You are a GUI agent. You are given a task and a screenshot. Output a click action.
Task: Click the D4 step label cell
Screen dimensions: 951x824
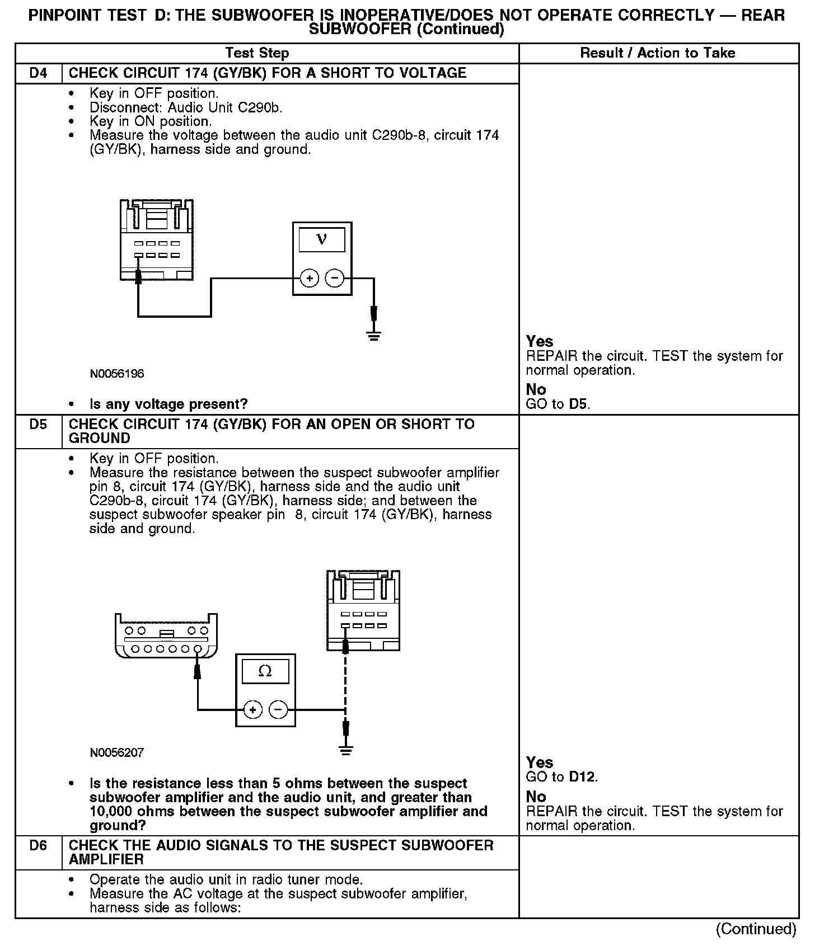(38, 73)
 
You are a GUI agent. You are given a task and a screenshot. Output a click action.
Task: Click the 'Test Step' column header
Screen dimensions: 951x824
(257, 53)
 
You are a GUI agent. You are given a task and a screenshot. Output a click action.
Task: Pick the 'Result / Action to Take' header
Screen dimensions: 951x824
(658, 53)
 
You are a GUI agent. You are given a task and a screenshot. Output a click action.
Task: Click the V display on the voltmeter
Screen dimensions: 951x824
(322, 239)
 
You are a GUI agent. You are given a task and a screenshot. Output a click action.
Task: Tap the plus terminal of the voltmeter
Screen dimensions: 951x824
(309, 278)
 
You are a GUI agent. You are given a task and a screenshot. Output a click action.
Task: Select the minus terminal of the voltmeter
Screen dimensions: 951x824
(335, 278)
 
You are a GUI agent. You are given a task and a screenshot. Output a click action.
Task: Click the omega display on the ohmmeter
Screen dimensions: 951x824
(265, 671)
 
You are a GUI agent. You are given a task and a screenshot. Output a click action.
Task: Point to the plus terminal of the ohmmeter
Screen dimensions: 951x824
(252, 710)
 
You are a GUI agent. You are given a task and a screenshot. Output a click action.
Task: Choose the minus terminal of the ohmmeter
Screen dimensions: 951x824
(278, 710)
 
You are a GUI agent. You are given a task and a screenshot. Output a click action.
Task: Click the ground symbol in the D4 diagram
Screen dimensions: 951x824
(374, 336)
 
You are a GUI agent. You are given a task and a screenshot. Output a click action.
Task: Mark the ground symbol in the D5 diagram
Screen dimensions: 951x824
(346, 750)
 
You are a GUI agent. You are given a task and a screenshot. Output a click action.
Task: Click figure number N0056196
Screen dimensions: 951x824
(117, 374)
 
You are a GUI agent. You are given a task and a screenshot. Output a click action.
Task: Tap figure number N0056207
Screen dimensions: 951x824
(117, 753)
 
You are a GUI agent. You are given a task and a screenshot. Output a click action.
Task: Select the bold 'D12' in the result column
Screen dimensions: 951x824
(583, 777)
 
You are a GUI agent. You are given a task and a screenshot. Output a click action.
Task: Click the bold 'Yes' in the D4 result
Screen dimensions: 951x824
(540, 341)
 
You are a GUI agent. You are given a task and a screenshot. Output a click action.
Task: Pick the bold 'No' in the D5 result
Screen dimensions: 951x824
(536, 796)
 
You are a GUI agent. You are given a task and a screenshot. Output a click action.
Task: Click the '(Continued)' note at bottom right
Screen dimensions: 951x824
(756, 929)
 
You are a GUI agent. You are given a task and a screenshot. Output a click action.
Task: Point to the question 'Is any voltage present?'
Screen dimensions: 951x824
(168, 404)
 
